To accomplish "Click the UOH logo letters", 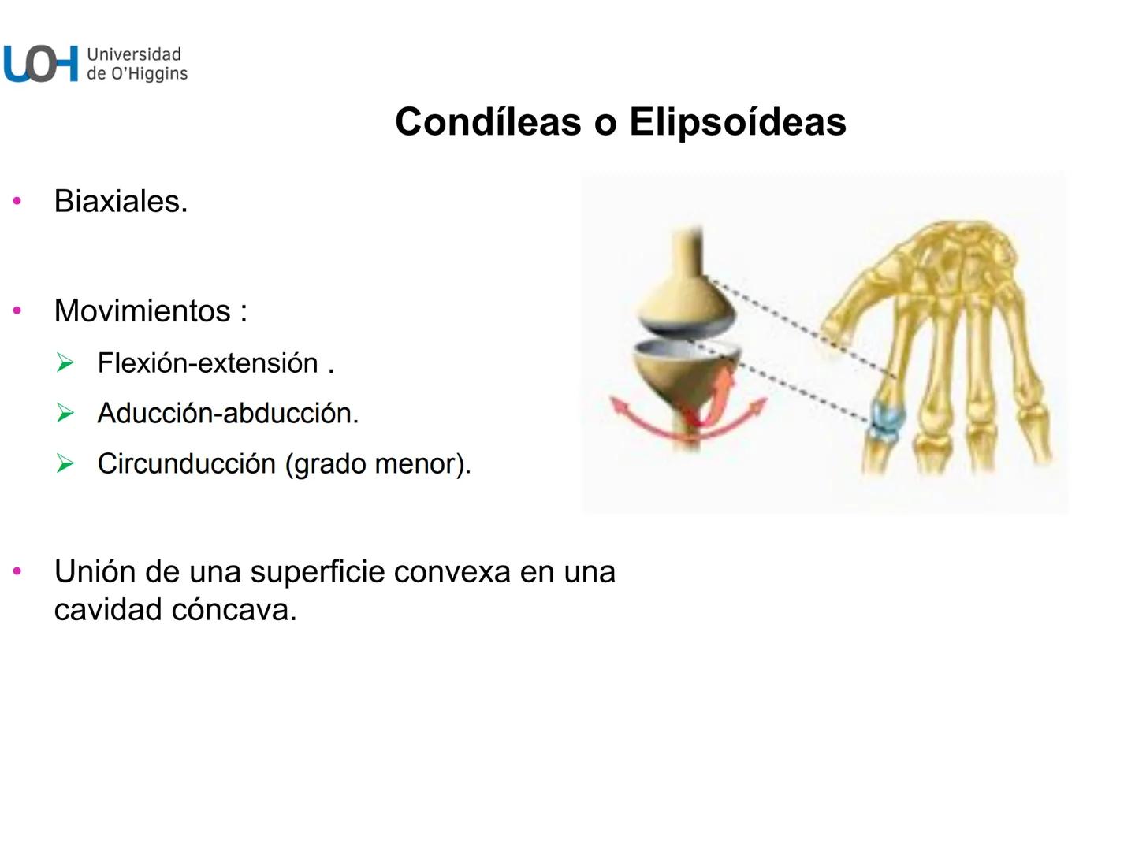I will coord(41,64).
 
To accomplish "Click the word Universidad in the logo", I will coord(134,54).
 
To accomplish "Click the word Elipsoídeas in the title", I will coord(737,121).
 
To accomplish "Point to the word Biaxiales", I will coord(121,202).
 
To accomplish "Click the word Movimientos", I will coord(142,311).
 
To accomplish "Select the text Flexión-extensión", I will coord(208,363).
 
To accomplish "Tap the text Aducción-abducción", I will coord(228,413).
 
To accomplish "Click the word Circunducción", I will coord(186,463).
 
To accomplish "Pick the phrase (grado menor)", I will coord(378,464).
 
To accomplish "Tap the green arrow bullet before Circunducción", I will coord(65,463).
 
